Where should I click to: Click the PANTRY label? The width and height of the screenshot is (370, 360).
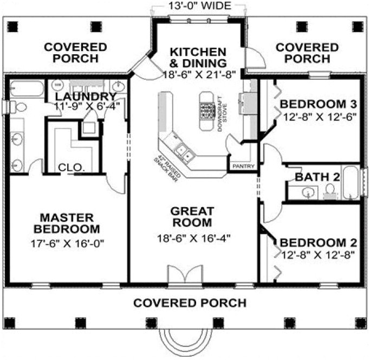(243, 166)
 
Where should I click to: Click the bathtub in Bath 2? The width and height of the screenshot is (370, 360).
(350, 184)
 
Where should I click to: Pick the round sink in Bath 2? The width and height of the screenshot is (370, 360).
(308, 192)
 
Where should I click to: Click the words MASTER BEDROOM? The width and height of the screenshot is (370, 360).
(67, 222)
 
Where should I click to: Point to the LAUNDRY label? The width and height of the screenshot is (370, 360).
(86, 97)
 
